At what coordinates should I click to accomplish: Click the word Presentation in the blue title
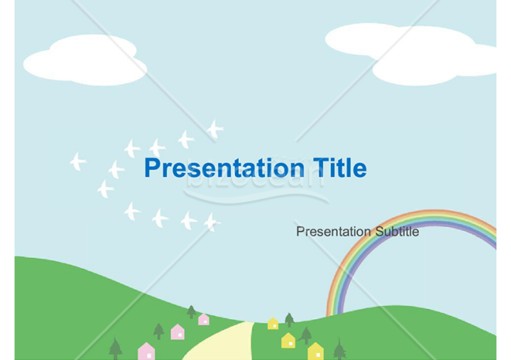click(225, 168)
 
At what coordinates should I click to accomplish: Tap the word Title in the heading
click(340, 167)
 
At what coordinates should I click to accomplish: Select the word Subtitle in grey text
click(397, 231)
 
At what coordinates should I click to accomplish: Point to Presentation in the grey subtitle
click(334, 231)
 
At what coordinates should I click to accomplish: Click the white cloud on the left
click(86, 61)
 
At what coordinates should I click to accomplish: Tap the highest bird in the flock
click(215, 129)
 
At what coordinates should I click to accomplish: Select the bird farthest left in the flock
click(78, 161)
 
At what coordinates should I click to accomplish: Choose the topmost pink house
click(204, 319)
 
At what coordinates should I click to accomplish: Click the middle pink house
click(178, 332)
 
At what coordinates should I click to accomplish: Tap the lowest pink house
click(146, 351)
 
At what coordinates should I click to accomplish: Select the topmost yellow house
click(273, 324)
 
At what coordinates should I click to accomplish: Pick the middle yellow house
click(289, 340)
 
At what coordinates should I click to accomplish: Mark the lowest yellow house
click(315, 351)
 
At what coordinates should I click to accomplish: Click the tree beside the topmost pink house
click(191, 312)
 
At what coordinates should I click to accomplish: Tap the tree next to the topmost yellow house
click(289, 320)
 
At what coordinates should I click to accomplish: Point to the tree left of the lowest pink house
click(116, 348)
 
